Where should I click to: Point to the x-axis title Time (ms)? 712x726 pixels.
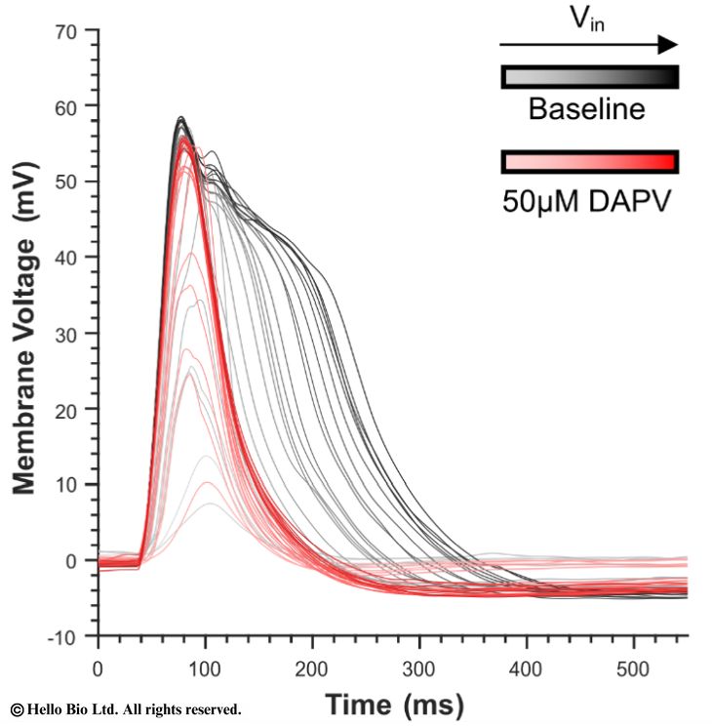(394, 705)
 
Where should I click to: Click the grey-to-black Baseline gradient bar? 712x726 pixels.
(589, 77)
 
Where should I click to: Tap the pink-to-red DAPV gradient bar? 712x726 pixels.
(589, 161)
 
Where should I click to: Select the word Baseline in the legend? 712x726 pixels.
(586, 109)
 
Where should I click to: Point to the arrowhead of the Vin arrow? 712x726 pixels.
(669, 44)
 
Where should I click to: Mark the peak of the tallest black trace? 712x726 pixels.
(181, 118)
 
